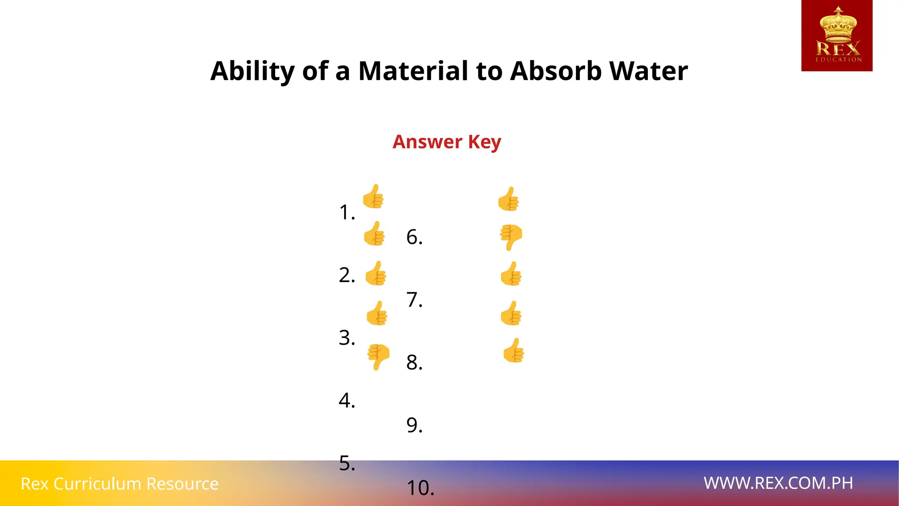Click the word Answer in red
(x=427, y=142)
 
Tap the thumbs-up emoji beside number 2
(x=376, y=274)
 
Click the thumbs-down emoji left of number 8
(x=378, y=356)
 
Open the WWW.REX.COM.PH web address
(x=778, y=483)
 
